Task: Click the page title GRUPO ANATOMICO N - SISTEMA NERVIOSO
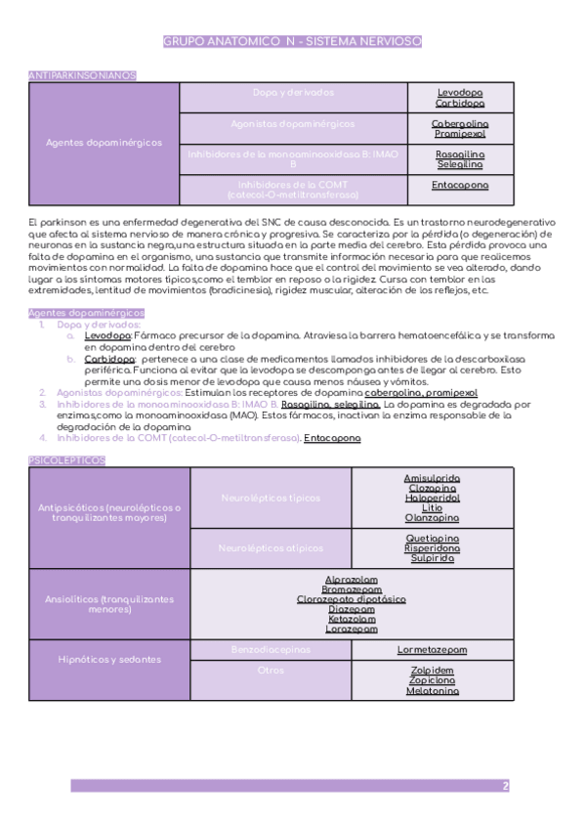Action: coord(292,41)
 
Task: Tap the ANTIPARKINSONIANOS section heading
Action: coord(83,74)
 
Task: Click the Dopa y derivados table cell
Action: coord(293,93)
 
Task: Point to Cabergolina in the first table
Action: coord(460,124)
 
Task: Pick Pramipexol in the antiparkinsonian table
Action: coord(460,134)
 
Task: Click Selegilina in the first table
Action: coord(460,164)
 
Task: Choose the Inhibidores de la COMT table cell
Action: coord(293,189)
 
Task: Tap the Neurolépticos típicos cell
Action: coord(270,498)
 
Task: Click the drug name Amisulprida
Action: coord(432,478)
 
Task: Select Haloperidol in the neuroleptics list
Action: coord(432,498)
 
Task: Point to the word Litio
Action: coord(432,508)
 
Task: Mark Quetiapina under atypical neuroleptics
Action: coord(432,538)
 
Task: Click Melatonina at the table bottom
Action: coord(432,691)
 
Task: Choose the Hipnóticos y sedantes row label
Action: coord(110,660)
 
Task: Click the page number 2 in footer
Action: coord(505,786)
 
